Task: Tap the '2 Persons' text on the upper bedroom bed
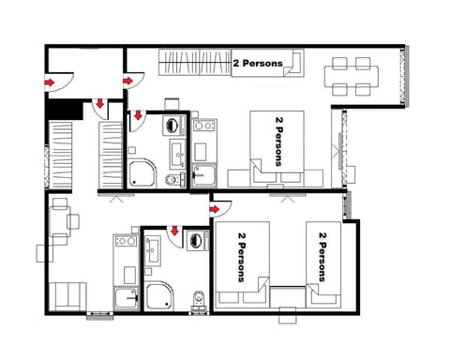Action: click(279, 142)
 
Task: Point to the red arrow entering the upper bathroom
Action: click(136, 116)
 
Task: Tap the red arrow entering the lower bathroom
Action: click(174, 232)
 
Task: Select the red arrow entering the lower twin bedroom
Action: click(215, 208)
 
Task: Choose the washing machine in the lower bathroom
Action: click(198, 242)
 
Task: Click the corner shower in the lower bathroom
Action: click(159, 296)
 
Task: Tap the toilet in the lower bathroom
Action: click(197, 299)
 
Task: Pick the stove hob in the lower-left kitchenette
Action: click(121, 243)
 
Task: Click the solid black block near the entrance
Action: click(65, 109)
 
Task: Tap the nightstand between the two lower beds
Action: click(289, 298)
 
